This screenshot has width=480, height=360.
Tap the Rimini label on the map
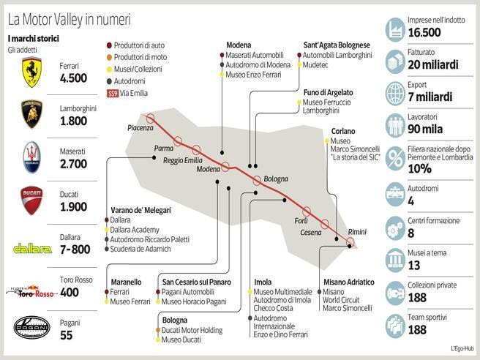[357, 231]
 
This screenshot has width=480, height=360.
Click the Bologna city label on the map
[276, 178]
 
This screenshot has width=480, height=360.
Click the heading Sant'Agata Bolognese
[336, 45]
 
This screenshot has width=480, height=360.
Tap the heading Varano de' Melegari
[140, 210]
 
